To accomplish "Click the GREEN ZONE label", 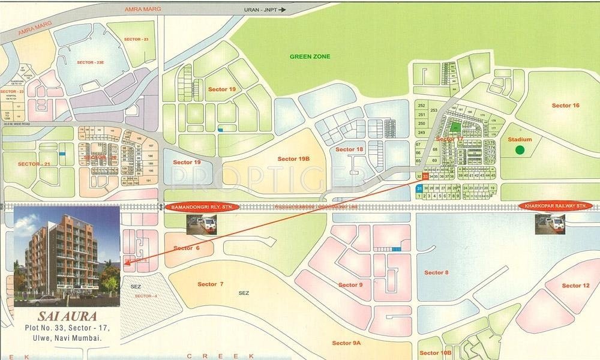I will click(310, 56).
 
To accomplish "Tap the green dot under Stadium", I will click(520, 150).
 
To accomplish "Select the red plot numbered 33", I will click(425, 176).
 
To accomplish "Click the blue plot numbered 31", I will click(419, 188).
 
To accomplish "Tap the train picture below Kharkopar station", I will click(550, 224).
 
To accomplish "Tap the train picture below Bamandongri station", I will click(201, 224).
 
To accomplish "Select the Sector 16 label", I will click(565, 106).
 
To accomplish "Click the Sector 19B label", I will click(293, 158).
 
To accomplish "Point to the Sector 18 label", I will click(349, 149).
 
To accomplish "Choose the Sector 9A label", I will click(346, 343).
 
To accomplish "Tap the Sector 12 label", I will click(575, 286).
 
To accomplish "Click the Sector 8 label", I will click(436, 272).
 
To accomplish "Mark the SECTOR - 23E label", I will click(91, 62).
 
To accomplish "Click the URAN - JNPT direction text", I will click(262, 10).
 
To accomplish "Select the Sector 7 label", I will click(210, 284).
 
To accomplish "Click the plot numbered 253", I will click(421, 105).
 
